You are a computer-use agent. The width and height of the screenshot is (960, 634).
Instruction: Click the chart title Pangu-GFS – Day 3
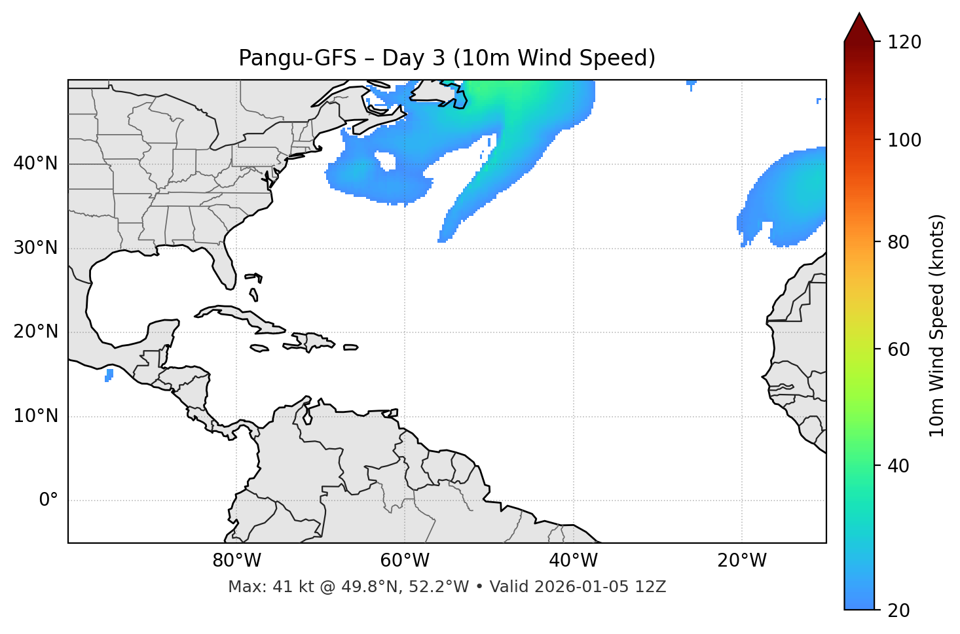point(447,58)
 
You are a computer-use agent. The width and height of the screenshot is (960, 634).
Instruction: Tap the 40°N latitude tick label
point(35,164)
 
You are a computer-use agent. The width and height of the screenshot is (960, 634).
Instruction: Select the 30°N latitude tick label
point(35,248)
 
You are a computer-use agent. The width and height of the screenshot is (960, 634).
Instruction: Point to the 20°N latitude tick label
point(35,332)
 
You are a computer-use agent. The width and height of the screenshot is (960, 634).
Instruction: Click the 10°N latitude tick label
point(35,416)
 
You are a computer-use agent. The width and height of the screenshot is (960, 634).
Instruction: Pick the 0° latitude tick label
point(48,501)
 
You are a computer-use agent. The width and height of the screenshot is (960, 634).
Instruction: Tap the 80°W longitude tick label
point(236,561)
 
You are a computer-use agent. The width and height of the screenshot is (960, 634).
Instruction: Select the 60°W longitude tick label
point(405,561)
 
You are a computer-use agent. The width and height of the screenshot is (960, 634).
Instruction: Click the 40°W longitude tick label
point(573,561)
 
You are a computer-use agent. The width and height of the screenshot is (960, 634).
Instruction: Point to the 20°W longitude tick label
point(741,561)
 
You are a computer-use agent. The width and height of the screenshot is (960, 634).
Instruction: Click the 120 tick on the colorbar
point(904,43)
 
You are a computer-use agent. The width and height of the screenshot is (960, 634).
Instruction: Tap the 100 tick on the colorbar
point(904,140)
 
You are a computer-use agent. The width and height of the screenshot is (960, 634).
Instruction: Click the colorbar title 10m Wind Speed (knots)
point(937,325)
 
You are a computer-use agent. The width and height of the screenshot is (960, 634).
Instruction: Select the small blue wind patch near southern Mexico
point(109,375)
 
